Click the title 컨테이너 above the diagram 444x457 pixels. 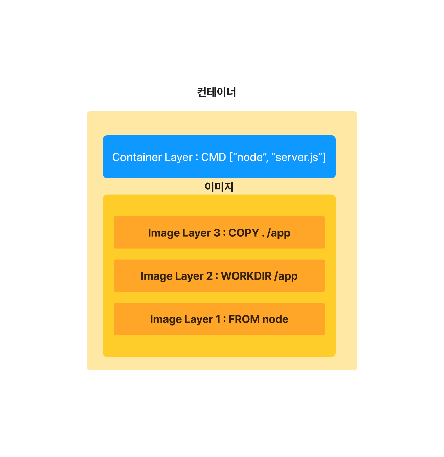click(216, 92)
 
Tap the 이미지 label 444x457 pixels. click(219, 187)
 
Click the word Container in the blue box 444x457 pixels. click(137, 157)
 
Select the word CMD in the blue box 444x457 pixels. click(214, 157)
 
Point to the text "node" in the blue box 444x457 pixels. click(250, 157)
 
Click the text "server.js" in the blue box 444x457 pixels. click(297, 157)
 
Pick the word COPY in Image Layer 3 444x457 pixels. click(244, 233)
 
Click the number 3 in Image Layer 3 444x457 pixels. click(217, 233)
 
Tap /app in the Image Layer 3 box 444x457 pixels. click(279, 233)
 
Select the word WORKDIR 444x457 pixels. click(246, 276)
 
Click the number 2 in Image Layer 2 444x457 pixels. click(209, 276)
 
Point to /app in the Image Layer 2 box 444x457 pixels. click(286, 276)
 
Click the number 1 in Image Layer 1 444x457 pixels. click(218, 319)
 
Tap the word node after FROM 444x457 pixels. click(275, 319)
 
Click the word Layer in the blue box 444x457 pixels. click(178, 158)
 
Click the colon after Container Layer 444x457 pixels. click(197, 158)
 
